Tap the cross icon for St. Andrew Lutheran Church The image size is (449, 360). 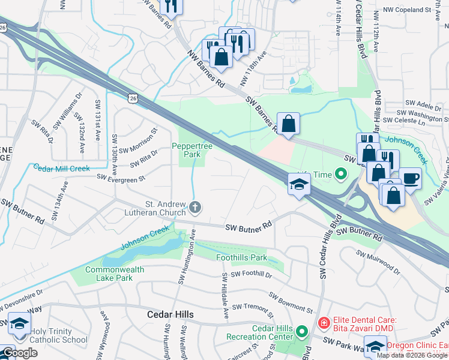click(x=194, y=208)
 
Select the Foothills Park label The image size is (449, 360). click(x=241, y=257)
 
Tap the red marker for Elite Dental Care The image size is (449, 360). click(x=324, y=323)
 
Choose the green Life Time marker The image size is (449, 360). click(x=342, y=175)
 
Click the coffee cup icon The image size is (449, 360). click(x=411, y=178)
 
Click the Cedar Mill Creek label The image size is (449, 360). click(x=61, y=168)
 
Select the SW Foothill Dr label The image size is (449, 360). click(x=251, y=274)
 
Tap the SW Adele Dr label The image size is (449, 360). click(x=423, y=103)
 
